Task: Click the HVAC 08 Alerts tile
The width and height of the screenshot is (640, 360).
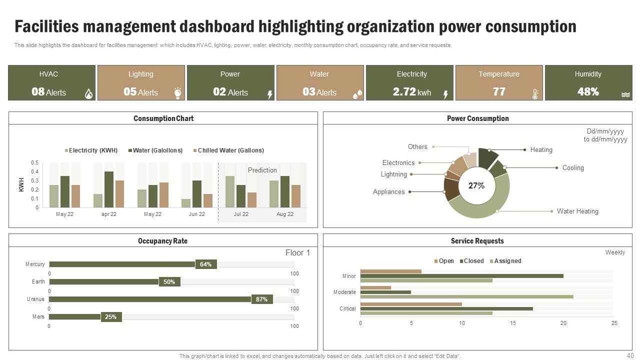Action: tap(51, 83)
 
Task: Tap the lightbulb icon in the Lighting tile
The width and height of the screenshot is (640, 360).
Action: tap(177, 93)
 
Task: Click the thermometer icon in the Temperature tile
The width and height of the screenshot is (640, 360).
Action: tap(535, 94)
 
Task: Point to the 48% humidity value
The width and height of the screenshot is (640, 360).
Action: tap(587, 92)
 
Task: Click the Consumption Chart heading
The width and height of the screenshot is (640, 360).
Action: tap(163, 118)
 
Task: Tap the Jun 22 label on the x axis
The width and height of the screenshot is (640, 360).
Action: tap(196, 214)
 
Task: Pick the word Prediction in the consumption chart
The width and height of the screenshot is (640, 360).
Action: tap(262, 170)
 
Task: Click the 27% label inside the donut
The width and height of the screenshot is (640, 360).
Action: tap(476, 186)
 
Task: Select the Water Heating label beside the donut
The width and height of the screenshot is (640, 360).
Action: tap(577, 211)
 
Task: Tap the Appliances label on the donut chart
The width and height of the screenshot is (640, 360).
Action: tap(388, 192)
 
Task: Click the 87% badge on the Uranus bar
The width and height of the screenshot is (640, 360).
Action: tap(261, 299)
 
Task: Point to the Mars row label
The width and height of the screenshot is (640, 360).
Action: tap(38, 317)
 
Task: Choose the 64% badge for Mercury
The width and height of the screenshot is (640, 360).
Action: tap(205, 264)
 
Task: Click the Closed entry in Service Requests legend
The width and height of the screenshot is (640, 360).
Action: tap(472, 261)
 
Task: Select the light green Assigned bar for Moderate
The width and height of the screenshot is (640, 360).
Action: tap(466, 297)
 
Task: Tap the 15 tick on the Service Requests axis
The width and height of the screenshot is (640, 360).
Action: tap(513, 323)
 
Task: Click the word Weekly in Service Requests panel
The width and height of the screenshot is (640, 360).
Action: tap(614, 252)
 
